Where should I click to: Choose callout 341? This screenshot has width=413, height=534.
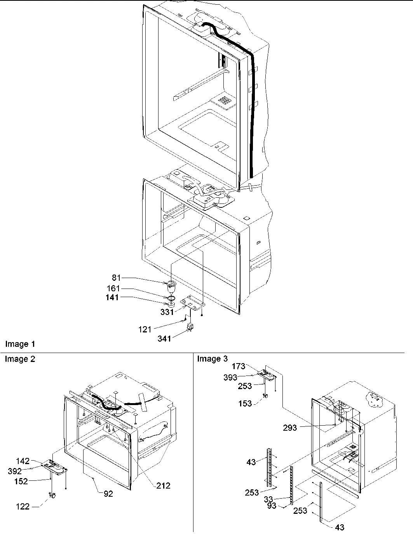(x=165, y=339)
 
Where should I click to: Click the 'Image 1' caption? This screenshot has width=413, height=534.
(x=20, y=344)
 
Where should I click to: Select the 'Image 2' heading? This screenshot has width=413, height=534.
(x=20, y=359)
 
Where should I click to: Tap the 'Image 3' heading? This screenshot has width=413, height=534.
(x=213, y=359)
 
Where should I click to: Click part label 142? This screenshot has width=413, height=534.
(x=23, y=461)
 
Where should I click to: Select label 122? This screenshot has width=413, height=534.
(x=23, y=506)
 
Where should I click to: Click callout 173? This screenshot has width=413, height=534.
(x=239, y=366)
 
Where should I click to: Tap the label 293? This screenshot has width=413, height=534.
(x=290, y=428)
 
